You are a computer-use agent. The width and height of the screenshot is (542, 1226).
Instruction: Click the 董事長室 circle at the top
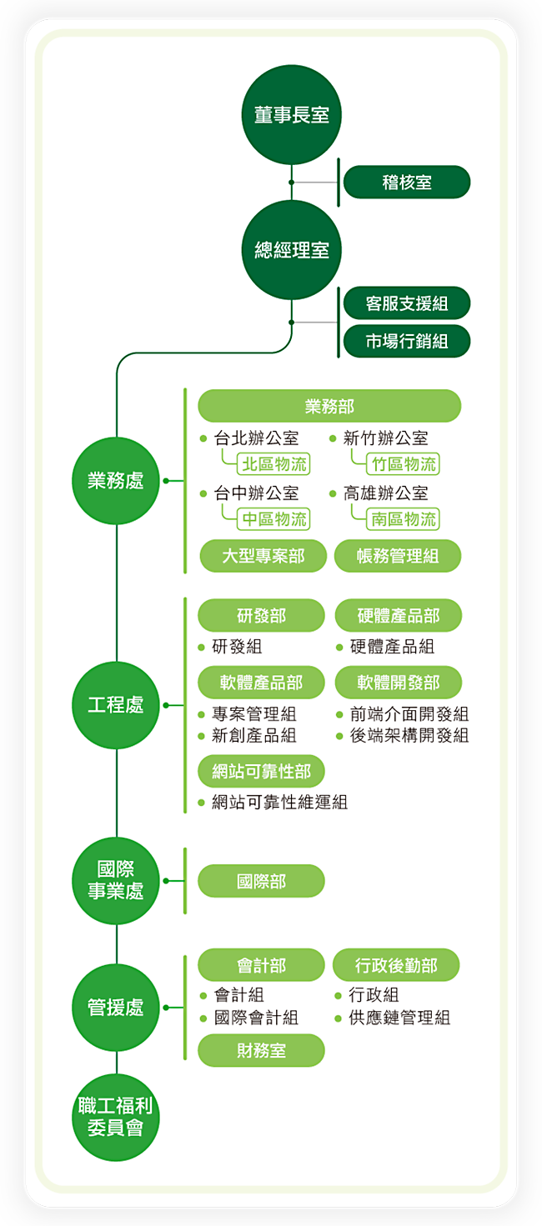tap(292, 115)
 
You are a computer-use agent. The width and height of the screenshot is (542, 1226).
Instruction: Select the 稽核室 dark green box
tap(407, 183)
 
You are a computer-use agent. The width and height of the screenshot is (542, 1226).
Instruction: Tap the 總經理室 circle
tap(292, 250)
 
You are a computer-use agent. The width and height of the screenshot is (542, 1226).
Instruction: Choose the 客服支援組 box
tap(407, 303)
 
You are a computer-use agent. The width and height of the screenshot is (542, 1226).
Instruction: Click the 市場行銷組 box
tap(407, 341)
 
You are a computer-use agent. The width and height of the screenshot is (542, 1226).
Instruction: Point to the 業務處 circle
tap(116, 481)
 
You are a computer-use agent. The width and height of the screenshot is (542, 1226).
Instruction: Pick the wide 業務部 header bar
tap(329, 406)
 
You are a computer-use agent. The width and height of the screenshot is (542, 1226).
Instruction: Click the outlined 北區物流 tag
tap(273, 464)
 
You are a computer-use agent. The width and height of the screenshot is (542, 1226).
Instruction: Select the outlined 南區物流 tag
tap(404, 519)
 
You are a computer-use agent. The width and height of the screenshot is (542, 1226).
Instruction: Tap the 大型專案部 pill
tap(263, 556)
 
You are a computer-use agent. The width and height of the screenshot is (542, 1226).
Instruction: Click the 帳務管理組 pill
tap(398, 556)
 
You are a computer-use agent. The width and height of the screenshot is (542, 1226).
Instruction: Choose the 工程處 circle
tap(116, 705)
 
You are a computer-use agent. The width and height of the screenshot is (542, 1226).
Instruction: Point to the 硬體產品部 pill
tap(398, 616)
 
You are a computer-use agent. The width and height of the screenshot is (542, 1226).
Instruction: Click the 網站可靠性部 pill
tap(261, 772)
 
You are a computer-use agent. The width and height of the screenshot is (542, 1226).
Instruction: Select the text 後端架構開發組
tap(409, 735)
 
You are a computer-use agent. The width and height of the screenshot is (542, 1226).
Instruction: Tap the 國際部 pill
tap(261, 881)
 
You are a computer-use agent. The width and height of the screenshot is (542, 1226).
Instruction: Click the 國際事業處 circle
tap(116, 881)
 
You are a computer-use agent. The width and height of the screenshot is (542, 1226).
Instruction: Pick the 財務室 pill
tap(261, 1051)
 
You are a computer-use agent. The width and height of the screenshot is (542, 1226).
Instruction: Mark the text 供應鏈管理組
tap(399, 1018)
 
